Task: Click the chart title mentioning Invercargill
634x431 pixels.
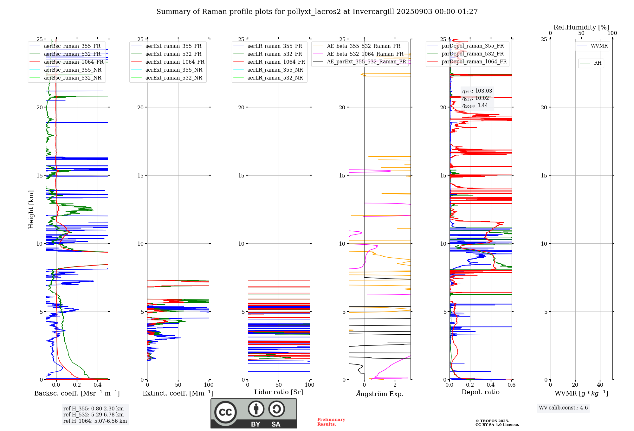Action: tap(317, 12)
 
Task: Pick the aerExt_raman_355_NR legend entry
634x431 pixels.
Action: tap(174, 70)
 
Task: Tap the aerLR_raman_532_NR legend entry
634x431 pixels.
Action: tap(275, 78)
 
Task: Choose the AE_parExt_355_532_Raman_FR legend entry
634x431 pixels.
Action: tap(366, 62)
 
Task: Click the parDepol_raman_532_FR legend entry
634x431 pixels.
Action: tap(472, 54)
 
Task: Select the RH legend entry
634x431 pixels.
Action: tap(598, 63)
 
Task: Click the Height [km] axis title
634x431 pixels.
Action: tap(31, 209)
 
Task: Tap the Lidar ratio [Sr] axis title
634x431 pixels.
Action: tap(279, 392)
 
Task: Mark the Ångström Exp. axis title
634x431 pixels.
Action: tap(380, 394)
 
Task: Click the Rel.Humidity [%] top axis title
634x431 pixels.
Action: tap(581, 27)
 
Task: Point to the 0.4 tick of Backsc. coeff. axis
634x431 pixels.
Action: tap(98, 385)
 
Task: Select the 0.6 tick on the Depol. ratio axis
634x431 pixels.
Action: tap(511, 385)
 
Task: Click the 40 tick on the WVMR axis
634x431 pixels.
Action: tap(600, 385)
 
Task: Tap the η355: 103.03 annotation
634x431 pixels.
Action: tap(477, 91)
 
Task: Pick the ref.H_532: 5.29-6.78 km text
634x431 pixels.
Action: tap(94, 415)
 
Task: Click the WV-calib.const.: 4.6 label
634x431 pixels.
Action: tap(563, 408)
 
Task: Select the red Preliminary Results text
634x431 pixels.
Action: tap(331, 422)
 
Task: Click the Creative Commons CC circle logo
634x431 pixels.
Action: tap(225, 412)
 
